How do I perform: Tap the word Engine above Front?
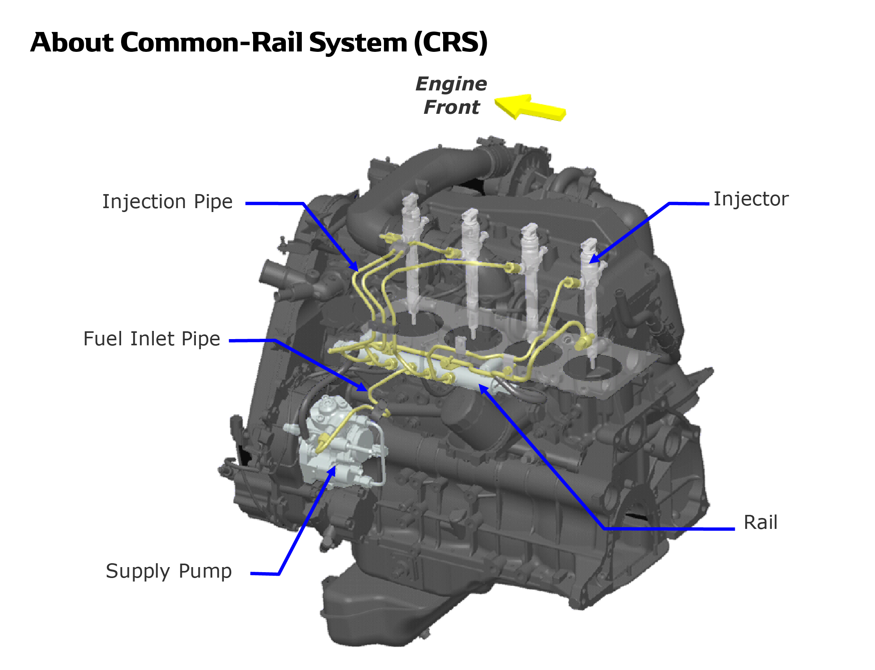[451, 84]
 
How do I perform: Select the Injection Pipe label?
[167, 202]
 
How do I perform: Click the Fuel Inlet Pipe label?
[151, 339]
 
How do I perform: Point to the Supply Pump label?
[169, 571]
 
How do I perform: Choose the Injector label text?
[751, 199]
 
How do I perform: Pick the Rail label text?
[760, 522]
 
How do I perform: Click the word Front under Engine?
[451, 107]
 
